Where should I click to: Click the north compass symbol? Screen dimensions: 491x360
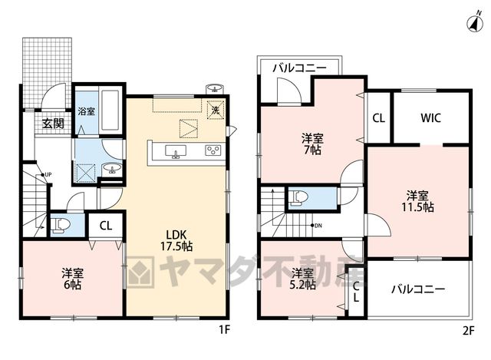pos(475,23)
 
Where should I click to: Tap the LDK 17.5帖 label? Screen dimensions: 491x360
pos(176,240)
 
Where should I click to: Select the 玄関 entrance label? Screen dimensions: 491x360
pos(54,124)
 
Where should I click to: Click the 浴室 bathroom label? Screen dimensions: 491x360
pos(87,111)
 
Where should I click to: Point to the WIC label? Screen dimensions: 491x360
pos(430,118)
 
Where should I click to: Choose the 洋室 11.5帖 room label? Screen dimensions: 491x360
pos(417,201)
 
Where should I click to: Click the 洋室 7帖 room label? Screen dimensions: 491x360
pos(312,144)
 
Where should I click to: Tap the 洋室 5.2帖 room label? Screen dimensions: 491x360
pos(302,279)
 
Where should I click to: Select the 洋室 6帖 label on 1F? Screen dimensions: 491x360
pos(72,279)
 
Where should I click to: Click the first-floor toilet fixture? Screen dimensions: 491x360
pos(61,226)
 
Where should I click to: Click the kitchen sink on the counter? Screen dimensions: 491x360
pos(176,152)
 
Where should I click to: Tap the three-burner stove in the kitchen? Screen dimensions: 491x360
pos(213,150)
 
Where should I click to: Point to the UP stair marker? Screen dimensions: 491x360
pos(46,174)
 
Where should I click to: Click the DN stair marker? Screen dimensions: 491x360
pos(316,225)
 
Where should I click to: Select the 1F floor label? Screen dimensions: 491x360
pos(224,330)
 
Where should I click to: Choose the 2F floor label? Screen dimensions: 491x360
pos(469,331)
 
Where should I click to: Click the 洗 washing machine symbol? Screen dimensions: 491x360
pos(216,110)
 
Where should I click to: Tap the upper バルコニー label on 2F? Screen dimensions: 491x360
pos(300,68)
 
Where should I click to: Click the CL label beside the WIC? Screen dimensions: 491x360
pos(378,118)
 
